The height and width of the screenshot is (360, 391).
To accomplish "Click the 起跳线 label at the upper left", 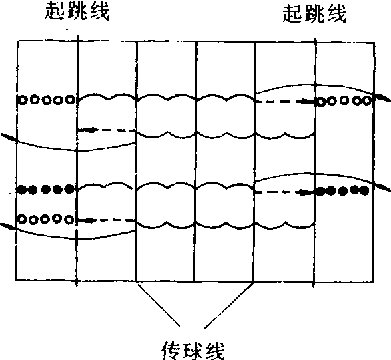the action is (77, 11).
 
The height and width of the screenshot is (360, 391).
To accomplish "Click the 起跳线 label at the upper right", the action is (315, 14).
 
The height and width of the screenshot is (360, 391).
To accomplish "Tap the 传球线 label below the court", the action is (193, 350).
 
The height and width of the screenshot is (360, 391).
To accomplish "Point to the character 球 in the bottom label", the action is (193, 351).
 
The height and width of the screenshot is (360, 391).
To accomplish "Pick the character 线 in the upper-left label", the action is (99, 12).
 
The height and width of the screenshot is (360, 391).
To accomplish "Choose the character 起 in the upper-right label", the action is (292, 14).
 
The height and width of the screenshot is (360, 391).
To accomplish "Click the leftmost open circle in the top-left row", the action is (23, 100).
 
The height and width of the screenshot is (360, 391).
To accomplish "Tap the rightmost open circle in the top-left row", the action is (70, 100).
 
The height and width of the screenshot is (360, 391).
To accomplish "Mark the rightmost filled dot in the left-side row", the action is (69, 189).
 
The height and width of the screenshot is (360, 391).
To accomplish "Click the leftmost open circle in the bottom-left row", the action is (22, 219).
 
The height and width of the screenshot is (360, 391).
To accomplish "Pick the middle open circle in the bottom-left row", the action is (45, 220).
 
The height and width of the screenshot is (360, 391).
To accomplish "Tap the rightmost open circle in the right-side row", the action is (367, 101).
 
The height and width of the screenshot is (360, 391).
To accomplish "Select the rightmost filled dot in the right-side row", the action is (364, 190).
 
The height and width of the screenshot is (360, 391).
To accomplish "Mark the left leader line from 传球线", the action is (159, 305).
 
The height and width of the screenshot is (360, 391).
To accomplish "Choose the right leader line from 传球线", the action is (229, 305).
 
